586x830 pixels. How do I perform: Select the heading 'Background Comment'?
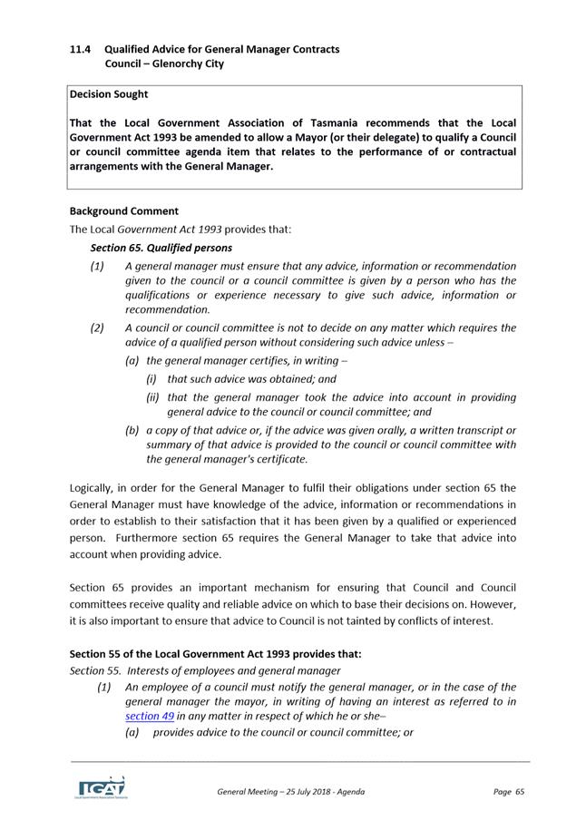[123, 210]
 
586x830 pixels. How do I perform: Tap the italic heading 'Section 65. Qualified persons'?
[161, 247]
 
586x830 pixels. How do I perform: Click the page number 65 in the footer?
[520, 792]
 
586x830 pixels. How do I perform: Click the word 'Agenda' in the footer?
[348, 792]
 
